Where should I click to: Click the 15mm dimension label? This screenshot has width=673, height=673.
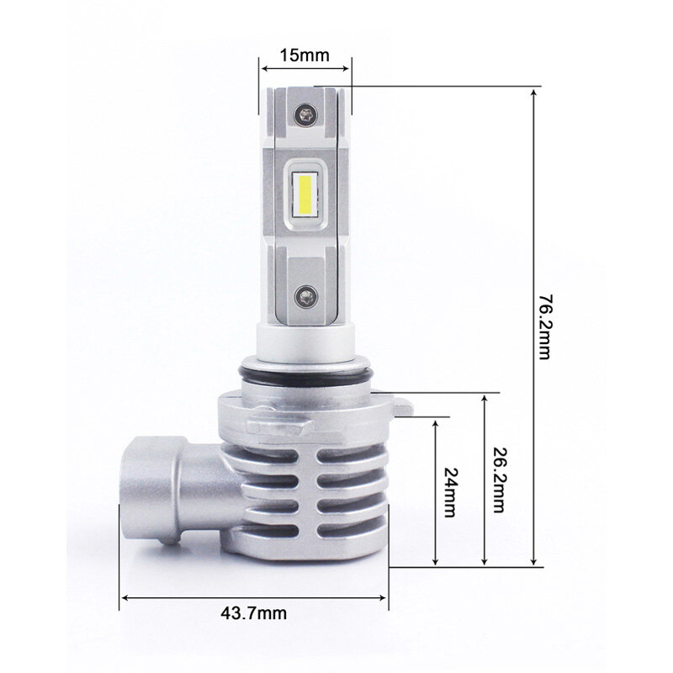coord(305,56)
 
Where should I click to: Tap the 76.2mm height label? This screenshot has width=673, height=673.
coord(543,326)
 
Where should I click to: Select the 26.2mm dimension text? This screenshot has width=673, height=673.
coord(498,480)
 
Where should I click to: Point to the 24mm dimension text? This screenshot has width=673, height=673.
coord(450,492)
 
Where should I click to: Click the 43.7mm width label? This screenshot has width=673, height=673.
coord(254,613)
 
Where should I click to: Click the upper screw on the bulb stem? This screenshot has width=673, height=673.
coord(305,115)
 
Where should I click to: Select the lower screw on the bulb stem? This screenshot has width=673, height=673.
coord(306,297)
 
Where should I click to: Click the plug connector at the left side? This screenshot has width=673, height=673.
coord(152,489)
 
